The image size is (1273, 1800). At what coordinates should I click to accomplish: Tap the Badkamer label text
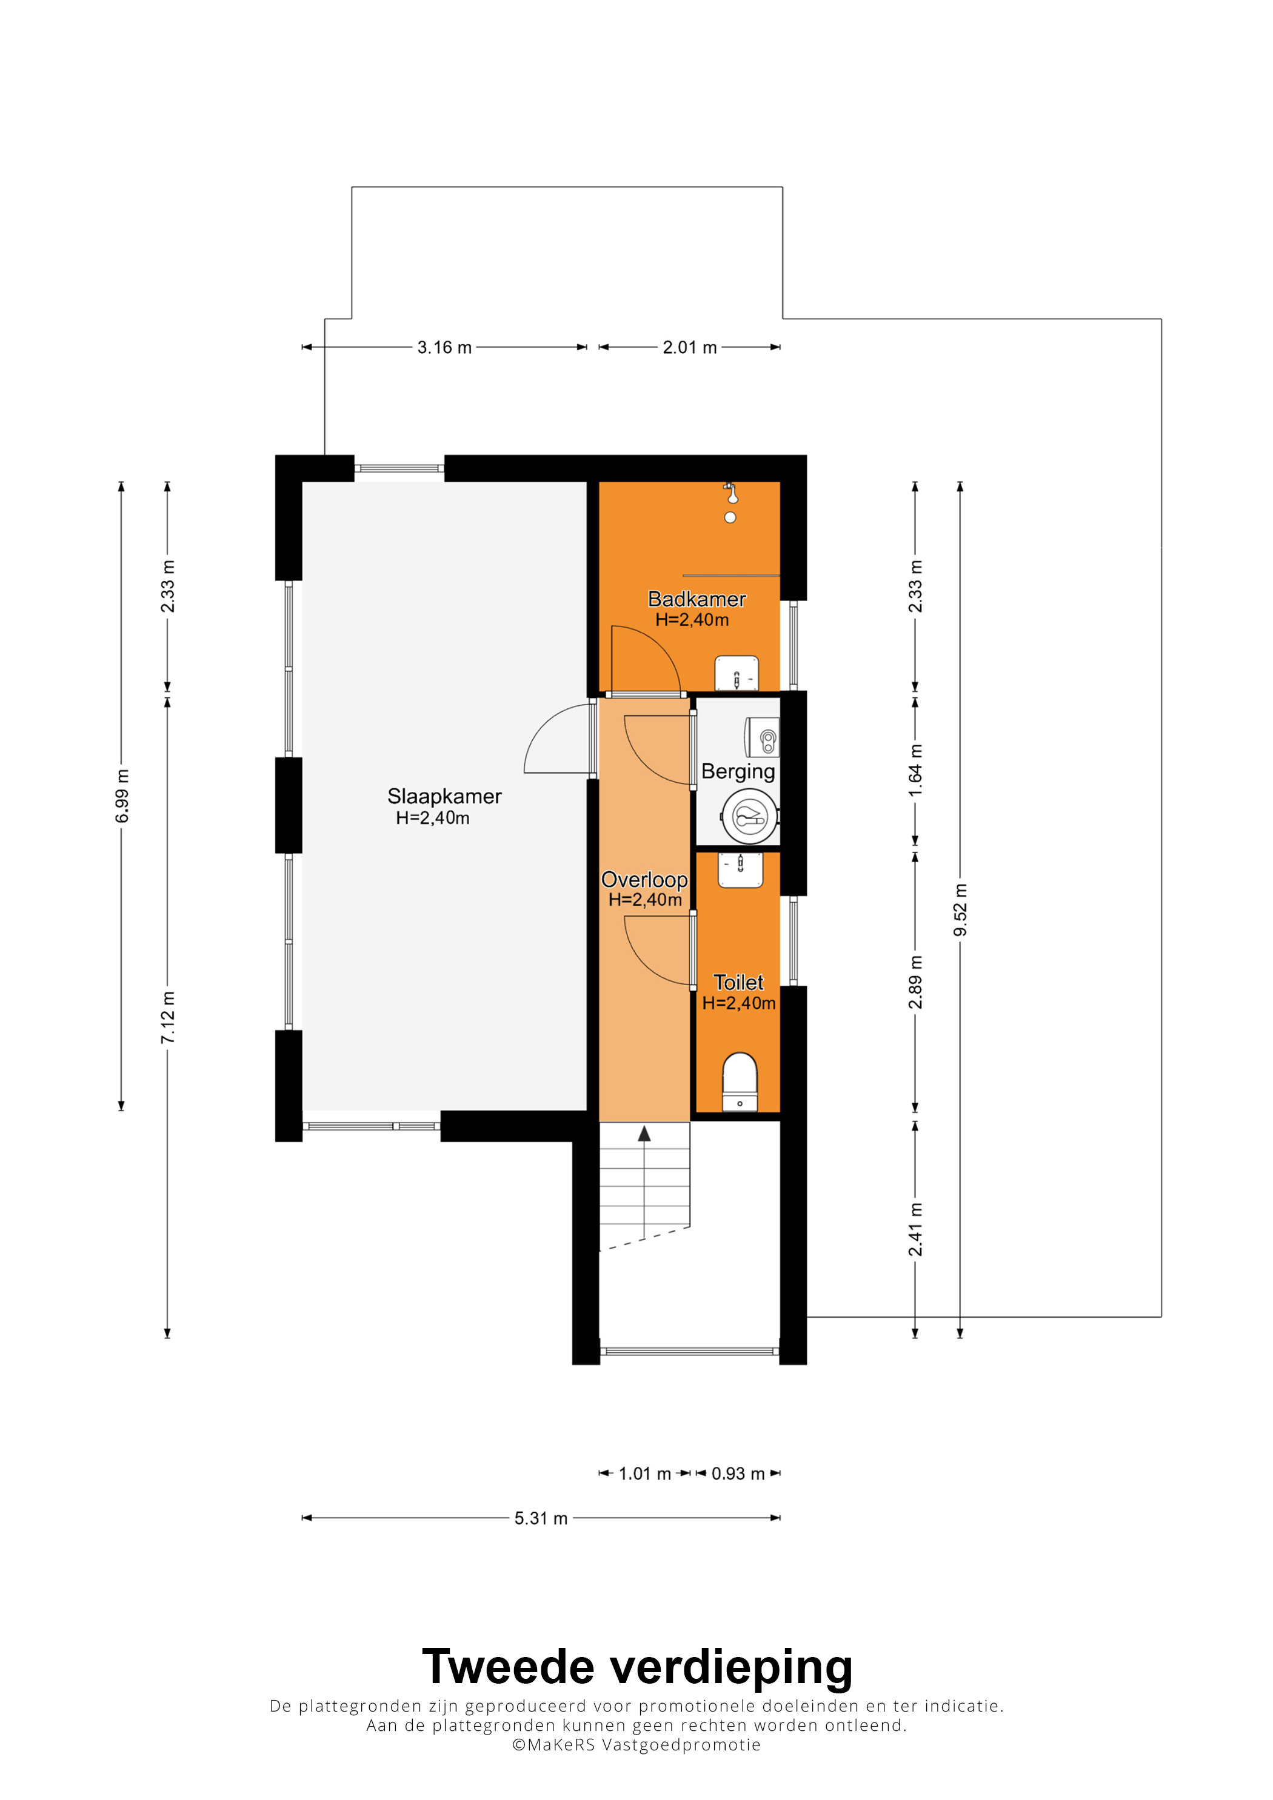point(697,599)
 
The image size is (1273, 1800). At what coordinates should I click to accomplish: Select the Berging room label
point(738,771)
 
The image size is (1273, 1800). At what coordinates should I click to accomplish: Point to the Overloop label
point(644,880)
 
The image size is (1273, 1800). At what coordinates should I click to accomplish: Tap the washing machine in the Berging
point(750,817)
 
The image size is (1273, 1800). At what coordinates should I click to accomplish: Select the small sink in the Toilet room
point(740,869)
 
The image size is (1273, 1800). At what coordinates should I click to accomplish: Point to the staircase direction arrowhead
point(644,1133)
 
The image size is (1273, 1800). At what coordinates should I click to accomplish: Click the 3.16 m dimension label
point(444,347)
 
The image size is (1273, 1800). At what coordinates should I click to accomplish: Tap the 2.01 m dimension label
point(689,347)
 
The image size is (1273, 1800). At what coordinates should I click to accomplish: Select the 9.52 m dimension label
point(960,909)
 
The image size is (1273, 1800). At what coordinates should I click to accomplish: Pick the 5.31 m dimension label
point(540,1518)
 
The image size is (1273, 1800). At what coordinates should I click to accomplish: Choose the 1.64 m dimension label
point(915,771)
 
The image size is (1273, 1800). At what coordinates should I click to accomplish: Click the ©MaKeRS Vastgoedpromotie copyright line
point(636,1761)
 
